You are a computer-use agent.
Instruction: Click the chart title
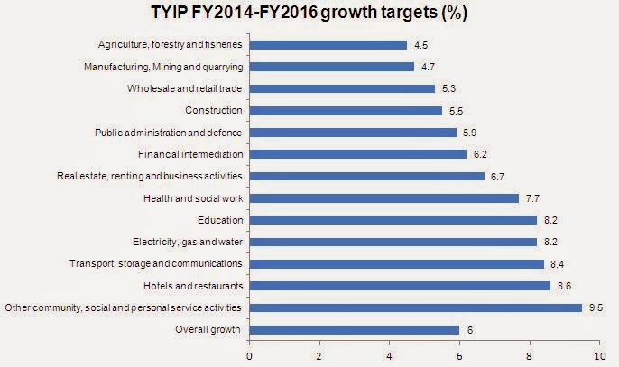tap(309, 14)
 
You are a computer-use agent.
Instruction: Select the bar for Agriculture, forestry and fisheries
tap(328, 45)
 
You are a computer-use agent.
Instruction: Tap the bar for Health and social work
tap(383, 198)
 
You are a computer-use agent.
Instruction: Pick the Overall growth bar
tap(354, 330)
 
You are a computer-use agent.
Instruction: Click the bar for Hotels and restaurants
tap(399, 286)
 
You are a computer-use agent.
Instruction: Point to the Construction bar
tap(345, 111)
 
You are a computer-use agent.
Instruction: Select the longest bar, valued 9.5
tap(415, 307)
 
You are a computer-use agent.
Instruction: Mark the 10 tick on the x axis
tap(600, 354)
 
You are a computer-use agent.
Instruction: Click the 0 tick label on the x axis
tap(249, 354)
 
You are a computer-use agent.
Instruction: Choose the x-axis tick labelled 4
tap(389, 354)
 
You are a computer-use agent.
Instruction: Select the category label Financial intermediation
tap(190, 154)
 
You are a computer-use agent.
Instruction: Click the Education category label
tap(219, 220)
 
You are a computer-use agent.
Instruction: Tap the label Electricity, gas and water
tap(181, 242)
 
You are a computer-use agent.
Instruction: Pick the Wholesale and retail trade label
tap(185, 88)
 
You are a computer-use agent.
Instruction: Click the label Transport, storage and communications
tap(156, 263)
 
